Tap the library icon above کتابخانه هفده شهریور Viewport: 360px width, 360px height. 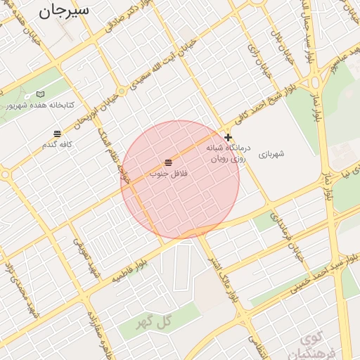[x=40, y=94]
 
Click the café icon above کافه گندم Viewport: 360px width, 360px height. [x=57, y=133]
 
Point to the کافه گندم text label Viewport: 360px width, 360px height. [x=57, y=144]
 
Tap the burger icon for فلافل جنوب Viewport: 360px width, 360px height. [x=167, y=162]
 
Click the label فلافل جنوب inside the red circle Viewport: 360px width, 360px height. [x=167, y=173]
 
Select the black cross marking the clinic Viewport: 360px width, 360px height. [x=228, y=137]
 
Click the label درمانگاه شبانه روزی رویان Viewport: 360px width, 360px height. [x=226, y=154]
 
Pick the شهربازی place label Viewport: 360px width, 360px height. [x=271, y=154]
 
